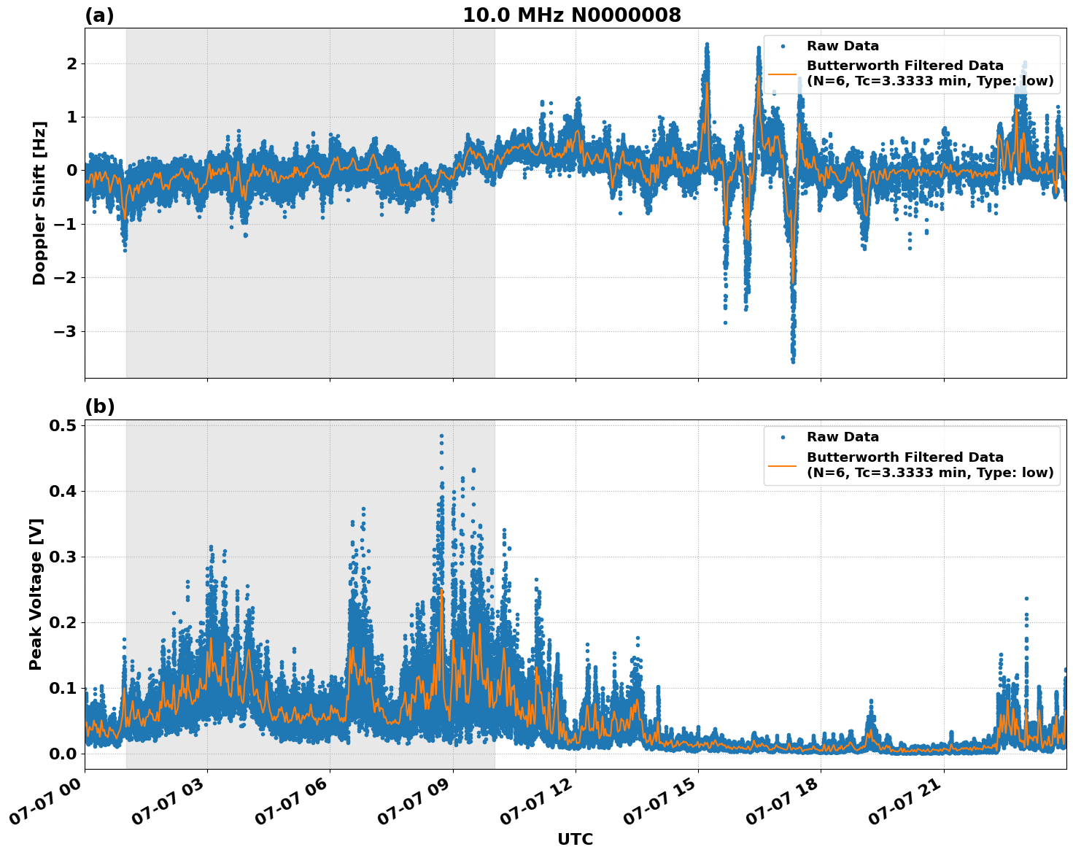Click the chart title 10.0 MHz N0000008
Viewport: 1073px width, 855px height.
[571, 15]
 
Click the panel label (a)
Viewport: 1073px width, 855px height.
[99, 15]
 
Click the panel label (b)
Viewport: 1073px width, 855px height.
[99, 406]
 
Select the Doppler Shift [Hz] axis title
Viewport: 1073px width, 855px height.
[39, 203]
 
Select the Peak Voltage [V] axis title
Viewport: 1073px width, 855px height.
[36, 594]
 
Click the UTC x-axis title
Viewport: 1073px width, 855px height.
[575, 839]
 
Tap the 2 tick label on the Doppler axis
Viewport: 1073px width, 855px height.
[72, 64]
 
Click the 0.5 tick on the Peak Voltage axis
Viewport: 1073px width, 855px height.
[63, 426]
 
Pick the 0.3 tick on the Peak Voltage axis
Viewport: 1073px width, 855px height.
[63, 557]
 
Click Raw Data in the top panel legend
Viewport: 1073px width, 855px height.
[842, 46]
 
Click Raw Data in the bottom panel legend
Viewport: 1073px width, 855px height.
[842, 437]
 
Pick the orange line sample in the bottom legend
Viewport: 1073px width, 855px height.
[783, 465]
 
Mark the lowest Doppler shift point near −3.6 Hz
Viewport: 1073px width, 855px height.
[793, 361]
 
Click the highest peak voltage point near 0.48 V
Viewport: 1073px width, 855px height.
[441, 436]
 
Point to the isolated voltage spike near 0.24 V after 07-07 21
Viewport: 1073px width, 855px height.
[1026, 598]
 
